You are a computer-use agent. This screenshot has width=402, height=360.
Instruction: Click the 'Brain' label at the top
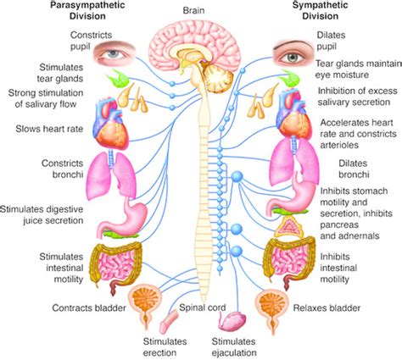click(193, 11)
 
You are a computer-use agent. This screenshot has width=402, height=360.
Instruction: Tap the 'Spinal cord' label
click(203, 307)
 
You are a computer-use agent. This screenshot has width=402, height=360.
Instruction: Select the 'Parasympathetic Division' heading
click(88, 10)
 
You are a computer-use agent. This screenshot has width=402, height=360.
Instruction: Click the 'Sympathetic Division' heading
click(321, 10)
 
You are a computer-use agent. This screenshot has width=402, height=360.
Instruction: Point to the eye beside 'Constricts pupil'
click(114, 53)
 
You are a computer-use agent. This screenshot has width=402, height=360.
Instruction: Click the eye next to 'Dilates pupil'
click(293, 54)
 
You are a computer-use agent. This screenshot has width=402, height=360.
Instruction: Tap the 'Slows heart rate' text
click(49, 129)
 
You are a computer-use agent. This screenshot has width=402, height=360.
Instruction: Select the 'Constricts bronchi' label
click(63, 169)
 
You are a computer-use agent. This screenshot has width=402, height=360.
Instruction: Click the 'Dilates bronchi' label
click(354, 169)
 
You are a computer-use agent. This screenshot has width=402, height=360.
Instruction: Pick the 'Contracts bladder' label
click(89, 307)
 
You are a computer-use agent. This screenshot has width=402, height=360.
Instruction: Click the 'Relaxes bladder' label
click(327, 307)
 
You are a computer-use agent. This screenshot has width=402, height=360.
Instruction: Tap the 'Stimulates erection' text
click(165, 347)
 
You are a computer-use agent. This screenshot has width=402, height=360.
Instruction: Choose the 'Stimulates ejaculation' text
click(234, 347)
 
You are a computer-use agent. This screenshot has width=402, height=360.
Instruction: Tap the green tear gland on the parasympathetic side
click(117, 78)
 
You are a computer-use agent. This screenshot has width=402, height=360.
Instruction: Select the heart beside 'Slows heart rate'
click(112, 123)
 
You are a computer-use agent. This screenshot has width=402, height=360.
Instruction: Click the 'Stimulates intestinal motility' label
click(61, 268)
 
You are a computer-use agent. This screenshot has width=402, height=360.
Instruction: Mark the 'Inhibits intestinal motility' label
click(338, 268)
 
